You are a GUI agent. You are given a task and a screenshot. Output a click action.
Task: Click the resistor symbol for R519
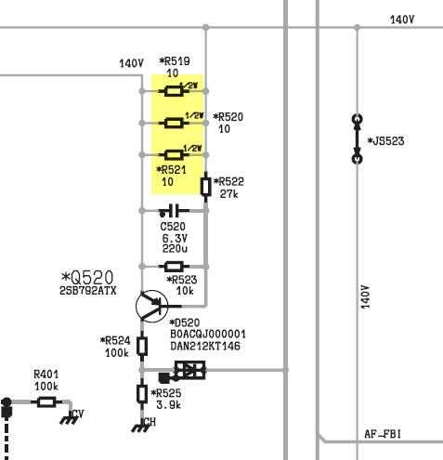click(174, 91)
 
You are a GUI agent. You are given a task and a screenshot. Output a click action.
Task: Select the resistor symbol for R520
click(174, 123)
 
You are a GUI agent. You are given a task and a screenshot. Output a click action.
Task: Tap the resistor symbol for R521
click(174, 154)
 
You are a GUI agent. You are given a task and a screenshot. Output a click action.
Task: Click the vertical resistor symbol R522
click(206, 187)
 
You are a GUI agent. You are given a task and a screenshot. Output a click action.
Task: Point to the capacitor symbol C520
click(174, 211)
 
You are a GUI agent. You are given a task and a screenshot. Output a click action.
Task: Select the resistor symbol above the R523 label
click(174, 266)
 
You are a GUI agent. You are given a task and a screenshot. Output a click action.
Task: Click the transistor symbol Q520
click(152, 306)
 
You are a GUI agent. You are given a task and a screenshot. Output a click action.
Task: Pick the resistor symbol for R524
click(142, 346)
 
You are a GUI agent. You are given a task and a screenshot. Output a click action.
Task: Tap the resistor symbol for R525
click(142, 394)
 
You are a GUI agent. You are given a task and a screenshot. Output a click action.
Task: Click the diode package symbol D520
click(189, 370)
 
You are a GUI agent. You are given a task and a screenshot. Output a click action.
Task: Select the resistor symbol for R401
click(46, 402)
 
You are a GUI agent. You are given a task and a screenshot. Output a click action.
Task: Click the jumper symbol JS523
click(358, 138)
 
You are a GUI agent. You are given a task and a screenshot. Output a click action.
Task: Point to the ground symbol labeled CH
click(141, 427)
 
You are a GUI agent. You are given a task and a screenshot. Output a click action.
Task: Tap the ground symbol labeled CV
click(69, 419)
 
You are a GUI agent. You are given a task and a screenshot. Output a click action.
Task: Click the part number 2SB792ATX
click(88, 291)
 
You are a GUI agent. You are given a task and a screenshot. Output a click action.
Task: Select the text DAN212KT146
click(205, 346)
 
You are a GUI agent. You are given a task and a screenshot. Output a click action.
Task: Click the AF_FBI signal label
click(383, 434)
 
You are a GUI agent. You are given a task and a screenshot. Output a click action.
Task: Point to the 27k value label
click(229, 194)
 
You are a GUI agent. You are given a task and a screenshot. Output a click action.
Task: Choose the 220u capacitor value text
click(175, 248)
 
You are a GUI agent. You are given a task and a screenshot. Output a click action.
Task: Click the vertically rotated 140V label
click(366, 297)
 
